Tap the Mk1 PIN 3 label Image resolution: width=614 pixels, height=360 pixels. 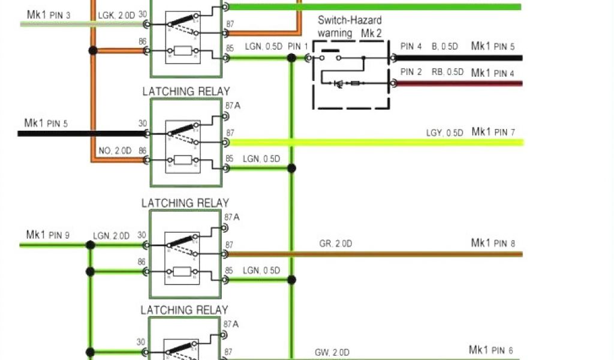click(49, 14)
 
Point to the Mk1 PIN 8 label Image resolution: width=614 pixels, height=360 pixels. click(493, 243)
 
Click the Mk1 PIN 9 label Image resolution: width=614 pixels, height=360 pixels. click(47, 235)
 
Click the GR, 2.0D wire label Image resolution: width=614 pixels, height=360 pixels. click(335, 244)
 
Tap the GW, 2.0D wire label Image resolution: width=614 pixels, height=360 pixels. click(332, 352)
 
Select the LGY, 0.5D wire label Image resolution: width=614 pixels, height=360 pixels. click(444, 133)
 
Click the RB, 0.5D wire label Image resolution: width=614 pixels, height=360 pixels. click(447, 72)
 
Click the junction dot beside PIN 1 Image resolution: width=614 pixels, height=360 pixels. click(291, 58)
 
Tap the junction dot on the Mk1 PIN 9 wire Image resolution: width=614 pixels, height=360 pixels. click(90, 245)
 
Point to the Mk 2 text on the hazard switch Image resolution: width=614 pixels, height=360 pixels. click(372, 34)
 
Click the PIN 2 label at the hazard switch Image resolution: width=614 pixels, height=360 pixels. click(411, 72)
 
